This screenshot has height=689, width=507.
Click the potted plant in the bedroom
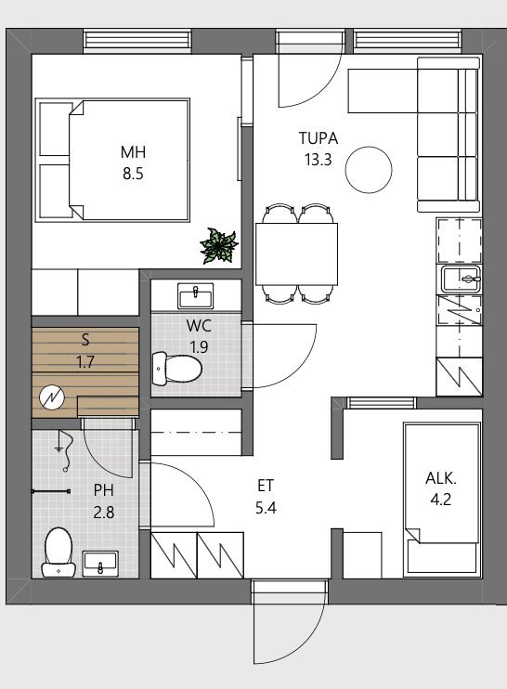219,246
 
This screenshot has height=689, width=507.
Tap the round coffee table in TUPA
369,170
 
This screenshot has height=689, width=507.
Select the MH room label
133,152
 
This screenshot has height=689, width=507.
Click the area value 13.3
318,160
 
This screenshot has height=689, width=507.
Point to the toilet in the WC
176,369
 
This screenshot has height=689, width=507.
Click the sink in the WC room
196,295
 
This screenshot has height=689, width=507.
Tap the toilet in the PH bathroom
58,552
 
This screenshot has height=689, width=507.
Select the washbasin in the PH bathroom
100,564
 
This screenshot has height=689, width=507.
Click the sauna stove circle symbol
51,397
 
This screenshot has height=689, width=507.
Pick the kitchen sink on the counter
461,279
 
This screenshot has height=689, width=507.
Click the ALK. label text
441,478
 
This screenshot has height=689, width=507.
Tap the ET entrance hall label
266,486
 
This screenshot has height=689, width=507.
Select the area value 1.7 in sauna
85,362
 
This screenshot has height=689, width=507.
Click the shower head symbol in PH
65,451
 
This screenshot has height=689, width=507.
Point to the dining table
296,254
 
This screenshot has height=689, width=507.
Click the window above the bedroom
137,40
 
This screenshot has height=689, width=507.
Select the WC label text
199,326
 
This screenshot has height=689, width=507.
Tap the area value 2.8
104,513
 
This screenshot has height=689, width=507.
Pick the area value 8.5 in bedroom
133,174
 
